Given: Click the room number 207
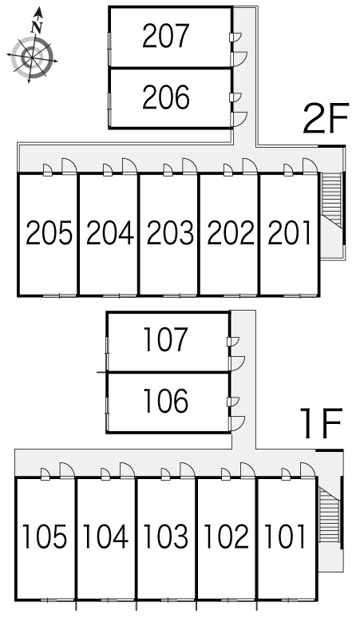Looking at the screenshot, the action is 166,36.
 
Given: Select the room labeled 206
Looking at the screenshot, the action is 166,97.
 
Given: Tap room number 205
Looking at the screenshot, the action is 49,233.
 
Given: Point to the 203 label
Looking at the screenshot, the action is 170,233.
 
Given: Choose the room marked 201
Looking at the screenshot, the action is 290,233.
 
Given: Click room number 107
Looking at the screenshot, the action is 164,340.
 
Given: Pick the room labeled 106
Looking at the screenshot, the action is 165,402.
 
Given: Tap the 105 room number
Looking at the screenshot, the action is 45,537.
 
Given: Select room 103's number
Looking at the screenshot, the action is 165,537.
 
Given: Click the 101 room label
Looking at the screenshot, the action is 285,537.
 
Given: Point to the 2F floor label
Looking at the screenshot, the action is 326,118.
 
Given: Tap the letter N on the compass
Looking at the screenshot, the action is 37,27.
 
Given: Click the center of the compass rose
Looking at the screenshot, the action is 32,58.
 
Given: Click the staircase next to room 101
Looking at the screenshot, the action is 330,516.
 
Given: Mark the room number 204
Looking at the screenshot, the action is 110,233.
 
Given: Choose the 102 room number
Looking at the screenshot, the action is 227,537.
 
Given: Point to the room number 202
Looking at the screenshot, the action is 231,233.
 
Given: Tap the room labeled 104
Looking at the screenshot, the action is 105,537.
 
